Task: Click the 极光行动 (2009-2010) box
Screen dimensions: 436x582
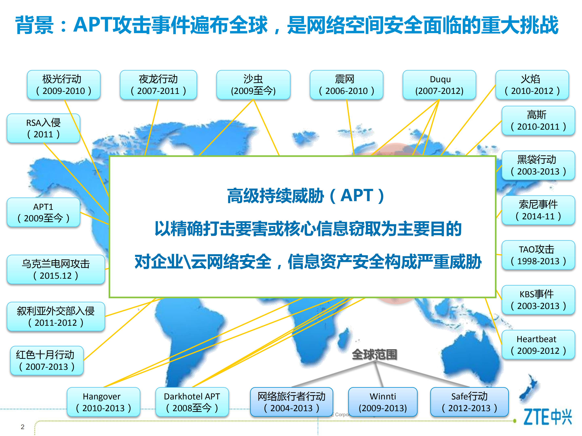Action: (64, 85)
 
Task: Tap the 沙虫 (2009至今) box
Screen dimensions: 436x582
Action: (253, 85)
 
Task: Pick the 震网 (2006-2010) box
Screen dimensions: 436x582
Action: (346, 85)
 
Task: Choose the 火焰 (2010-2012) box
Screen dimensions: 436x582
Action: (532, 85)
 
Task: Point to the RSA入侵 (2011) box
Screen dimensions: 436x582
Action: (43, 128)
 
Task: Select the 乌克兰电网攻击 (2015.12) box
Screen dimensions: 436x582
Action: (56, 269)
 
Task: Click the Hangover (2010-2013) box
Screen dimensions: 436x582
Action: (104, 402)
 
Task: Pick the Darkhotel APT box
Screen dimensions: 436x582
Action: (192, 402)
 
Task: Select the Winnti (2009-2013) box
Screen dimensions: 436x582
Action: (383, 402)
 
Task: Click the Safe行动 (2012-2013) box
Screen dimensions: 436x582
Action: (469, 402)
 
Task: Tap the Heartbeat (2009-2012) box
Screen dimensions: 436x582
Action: (538, 345)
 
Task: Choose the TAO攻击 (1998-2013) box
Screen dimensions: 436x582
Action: (538, 255)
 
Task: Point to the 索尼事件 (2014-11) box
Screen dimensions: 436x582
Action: (538, 210)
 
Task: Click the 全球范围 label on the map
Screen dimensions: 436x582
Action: (374, 355)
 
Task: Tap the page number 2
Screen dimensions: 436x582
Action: (23, 427)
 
